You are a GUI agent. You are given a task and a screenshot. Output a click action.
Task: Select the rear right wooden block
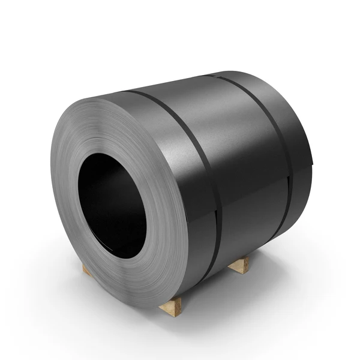click(239, 265)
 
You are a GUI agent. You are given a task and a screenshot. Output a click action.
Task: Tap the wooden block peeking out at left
click(86, 270)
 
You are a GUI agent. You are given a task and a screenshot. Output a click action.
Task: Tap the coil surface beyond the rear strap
click(294, 132)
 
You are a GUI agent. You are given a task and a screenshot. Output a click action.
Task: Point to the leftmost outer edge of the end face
click(52, 180)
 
